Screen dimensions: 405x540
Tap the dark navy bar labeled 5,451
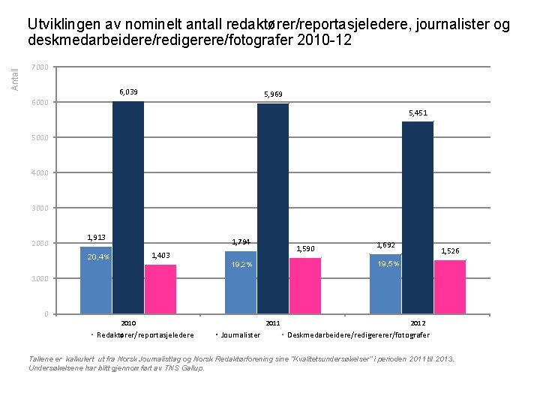418,217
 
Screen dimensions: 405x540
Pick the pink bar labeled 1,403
160,289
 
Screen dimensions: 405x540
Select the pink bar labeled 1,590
305,286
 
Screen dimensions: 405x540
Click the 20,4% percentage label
98,257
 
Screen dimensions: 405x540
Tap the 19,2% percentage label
241,265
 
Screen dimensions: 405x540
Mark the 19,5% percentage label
388,264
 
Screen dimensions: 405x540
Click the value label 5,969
273,94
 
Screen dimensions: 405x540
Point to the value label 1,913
96,237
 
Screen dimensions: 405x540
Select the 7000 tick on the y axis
41,67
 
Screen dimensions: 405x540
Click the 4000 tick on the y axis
41,172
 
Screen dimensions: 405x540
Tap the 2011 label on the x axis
273,323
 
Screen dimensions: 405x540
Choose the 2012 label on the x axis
418,323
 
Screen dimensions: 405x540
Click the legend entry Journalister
241,335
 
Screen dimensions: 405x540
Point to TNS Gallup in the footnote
184,368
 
